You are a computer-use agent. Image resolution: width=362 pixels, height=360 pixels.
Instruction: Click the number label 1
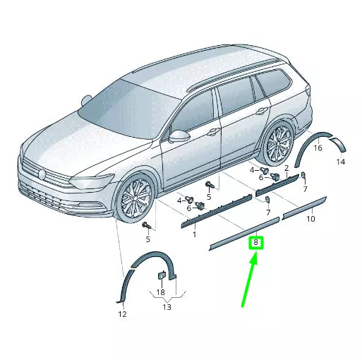194,234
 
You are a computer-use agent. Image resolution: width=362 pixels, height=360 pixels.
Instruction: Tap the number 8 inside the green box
257,244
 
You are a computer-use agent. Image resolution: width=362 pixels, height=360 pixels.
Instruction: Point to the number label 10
310,220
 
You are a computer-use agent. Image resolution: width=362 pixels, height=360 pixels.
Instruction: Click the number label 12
122,314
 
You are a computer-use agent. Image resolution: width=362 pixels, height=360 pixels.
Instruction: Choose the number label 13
167,307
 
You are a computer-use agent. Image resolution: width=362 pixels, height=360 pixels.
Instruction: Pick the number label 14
341,162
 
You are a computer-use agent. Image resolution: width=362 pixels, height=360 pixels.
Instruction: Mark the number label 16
318,148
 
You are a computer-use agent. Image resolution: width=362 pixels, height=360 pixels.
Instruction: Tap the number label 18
160,292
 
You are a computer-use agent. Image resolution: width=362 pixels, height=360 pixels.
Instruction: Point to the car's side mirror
181,135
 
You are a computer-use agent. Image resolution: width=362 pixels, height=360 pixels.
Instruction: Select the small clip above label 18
160,275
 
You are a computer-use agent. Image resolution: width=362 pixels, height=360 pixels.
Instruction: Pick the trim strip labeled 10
304,205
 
